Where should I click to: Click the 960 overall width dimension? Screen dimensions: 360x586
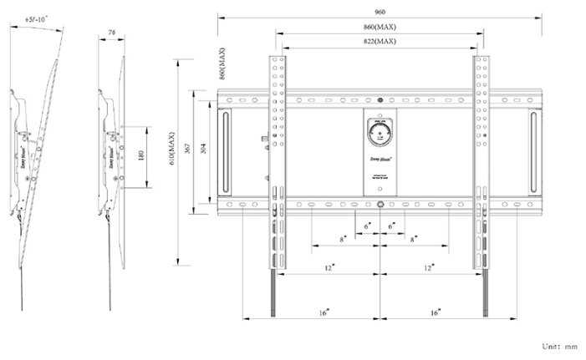click(380, 11)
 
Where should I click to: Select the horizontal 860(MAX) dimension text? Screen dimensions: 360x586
click(380, 26)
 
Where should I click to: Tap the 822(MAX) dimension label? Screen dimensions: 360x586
click(380, 40)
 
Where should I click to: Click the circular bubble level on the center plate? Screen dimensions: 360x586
click(380, 133)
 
